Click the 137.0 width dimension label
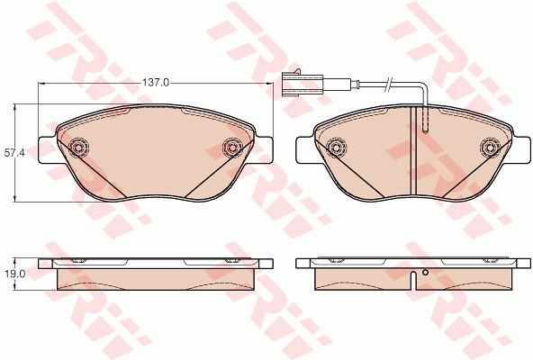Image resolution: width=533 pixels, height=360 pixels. click(x=156, y=83)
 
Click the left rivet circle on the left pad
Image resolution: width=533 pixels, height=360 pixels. click(x=78, y=148)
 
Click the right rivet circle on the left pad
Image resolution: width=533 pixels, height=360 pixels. click(x=232, y=148)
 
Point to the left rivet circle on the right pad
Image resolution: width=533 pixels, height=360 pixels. click(x=336, y=148)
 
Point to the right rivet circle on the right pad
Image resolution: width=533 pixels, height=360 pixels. click(x=490, y=148)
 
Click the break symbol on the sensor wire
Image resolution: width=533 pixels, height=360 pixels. click(x=388, y=84)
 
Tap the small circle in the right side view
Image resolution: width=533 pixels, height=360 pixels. click(x=425, y=272)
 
